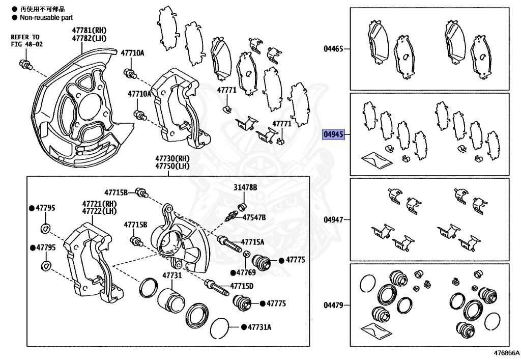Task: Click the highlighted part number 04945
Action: click(334, 134)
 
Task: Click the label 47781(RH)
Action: click(90, 31)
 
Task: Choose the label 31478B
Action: click(245, 187)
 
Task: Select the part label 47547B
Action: click(254, 217)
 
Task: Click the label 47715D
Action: click(242, 286)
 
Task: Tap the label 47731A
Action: click(259, 327)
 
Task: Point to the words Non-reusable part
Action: click(46, 17)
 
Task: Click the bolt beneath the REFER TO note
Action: click(25, 64)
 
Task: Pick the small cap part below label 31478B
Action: click(242, 205)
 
